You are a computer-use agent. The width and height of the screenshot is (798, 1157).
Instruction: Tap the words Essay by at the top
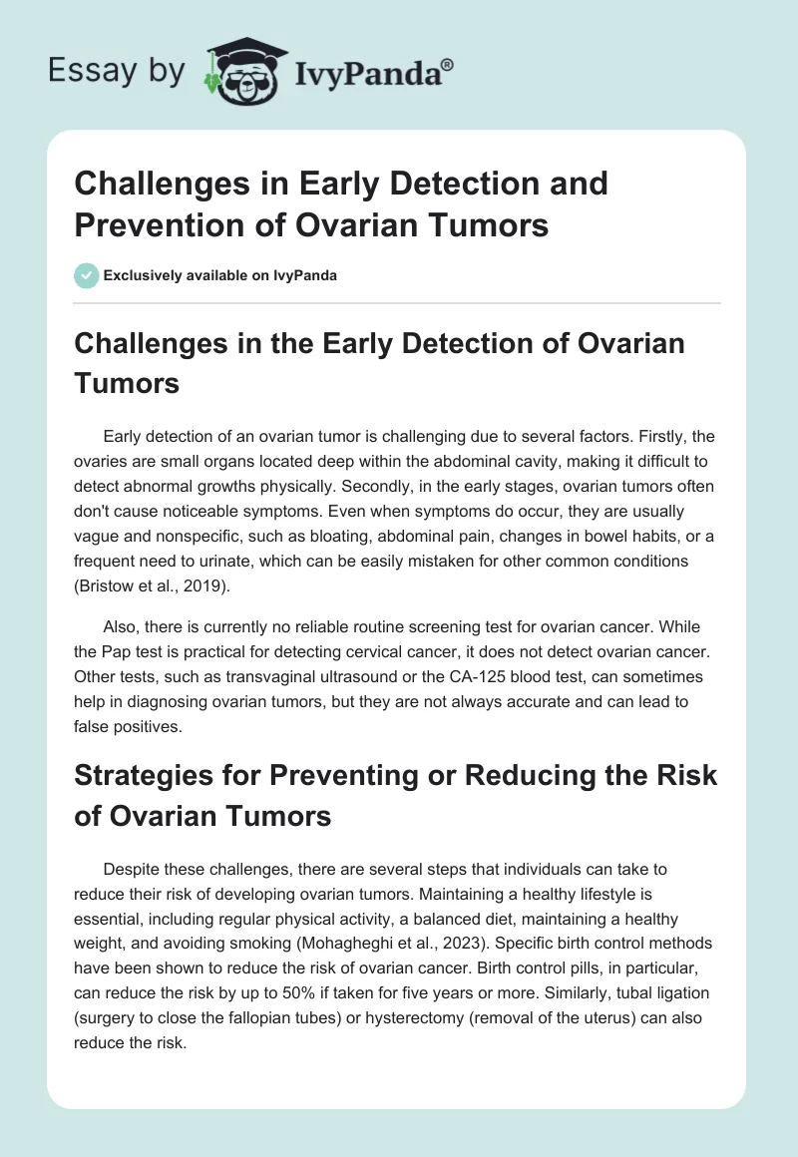click(118, 71)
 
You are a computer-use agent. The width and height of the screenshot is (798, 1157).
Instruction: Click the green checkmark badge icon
click(87, 275)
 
